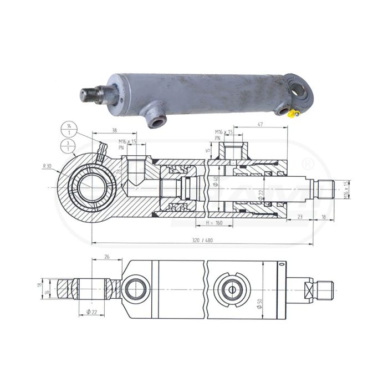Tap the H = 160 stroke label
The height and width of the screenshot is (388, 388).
215,223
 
